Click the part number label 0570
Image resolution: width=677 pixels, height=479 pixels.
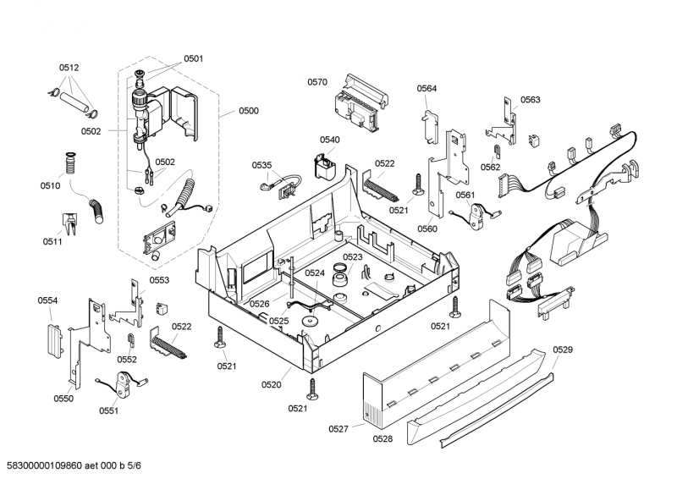(x=317, y=82)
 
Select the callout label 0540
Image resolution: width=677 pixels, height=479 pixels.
(x=330, y=140)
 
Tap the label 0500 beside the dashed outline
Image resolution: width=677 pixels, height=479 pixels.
(x=249, y=111)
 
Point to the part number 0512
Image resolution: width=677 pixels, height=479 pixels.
(x=69, y=68)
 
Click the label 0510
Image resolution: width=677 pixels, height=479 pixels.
(x=50, y=185)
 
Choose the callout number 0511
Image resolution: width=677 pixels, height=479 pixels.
(x=53, y=241)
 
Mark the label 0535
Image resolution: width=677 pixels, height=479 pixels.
(x=262, y=165)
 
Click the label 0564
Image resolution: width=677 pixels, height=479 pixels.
(x=427, y=88)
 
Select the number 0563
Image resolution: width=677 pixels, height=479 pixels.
(x=531, y=100)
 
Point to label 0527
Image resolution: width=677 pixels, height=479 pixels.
(x=338, y=429)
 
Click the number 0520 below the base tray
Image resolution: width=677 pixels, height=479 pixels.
(x=271, y=385)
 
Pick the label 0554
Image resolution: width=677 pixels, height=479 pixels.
(x=47, y=300)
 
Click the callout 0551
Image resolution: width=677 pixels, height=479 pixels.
(x=108, y=410)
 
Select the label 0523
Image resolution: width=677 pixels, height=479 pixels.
(x=353, y=257)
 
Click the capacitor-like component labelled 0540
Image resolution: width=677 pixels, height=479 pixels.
(x=324, y=167)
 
